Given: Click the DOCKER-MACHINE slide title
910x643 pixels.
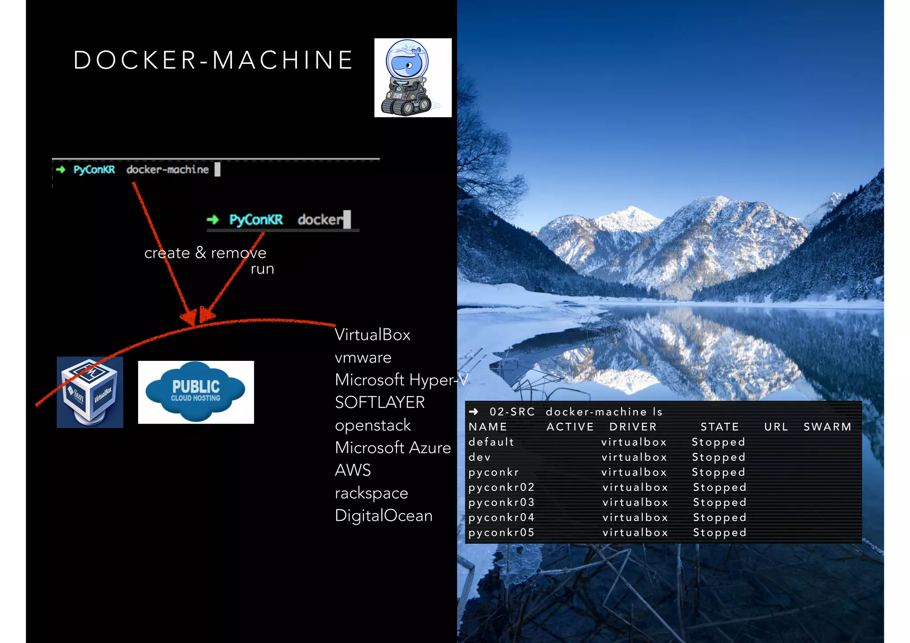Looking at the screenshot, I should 213,60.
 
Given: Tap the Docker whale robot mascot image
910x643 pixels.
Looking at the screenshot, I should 413,78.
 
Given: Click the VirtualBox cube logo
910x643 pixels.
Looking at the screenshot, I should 90,392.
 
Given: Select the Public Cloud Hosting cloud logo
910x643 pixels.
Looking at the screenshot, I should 196,392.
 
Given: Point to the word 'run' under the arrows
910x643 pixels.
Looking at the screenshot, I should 262,269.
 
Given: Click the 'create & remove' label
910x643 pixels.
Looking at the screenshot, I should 205,253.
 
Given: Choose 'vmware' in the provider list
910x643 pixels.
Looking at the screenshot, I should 363,357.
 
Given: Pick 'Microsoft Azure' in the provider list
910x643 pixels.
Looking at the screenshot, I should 393,447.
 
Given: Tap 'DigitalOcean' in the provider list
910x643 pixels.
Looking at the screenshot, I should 383,515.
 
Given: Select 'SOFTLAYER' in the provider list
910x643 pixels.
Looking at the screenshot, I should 380,403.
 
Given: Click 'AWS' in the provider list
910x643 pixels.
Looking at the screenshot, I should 353,470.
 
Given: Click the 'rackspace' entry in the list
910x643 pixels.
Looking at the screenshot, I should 371,493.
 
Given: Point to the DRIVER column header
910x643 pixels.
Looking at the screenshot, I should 633,427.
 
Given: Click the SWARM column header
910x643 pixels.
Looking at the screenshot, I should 827,427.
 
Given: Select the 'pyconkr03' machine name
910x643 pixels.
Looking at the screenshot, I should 501,503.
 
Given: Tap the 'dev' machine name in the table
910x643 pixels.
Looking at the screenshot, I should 479,457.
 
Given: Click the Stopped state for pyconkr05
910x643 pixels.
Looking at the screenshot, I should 719,533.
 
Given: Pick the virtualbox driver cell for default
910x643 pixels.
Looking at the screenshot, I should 634,442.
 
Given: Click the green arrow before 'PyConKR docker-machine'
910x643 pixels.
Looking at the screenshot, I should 61,169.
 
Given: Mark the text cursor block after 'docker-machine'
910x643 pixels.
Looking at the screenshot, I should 217,169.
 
